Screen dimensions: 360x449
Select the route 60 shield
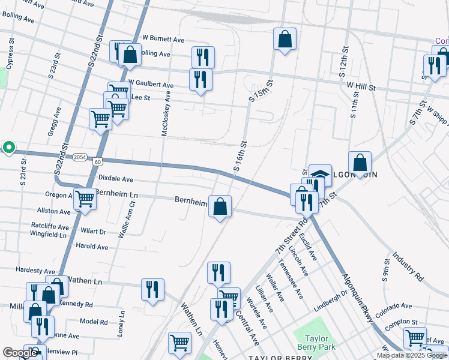[98, 161]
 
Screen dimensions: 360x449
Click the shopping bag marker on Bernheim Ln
[220, 207]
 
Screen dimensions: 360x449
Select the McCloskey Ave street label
[166, 114]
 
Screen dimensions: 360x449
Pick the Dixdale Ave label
[115, 179]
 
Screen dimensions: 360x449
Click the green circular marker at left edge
[8, 147]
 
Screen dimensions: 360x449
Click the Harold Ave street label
[92, 247]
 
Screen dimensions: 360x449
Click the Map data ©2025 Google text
[411, 355]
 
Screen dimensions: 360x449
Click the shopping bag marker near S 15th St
[285, 40]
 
